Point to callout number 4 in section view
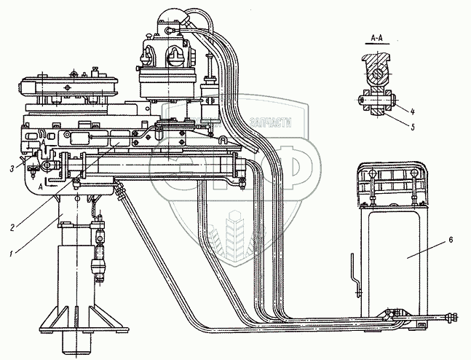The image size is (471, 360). coord(411,111)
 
